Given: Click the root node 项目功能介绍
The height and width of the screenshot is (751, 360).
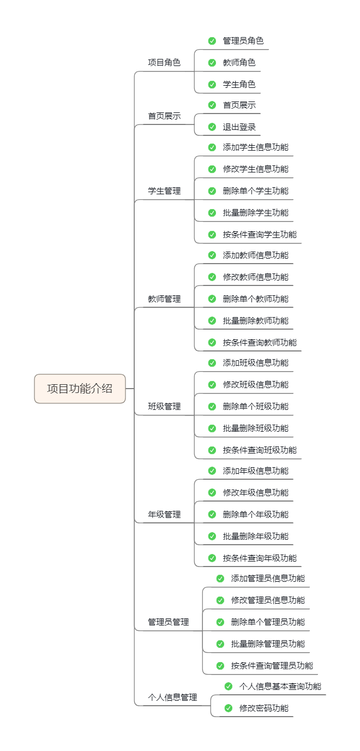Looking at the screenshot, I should [80, 389].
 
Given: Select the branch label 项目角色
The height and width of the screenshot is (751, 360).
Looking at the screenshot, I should [164, 62].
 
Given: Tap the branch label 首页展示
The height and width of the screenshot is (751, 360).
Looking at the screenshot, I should [164, 116].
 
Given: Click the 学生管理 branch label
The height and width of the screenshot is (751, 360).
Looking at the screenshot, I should [164, 191].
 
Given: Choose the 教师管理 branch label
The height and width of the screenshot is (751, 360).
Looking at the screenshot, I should [164, 299].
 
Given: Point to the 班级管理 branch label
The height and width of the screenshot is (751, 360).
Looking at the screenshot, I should [164, 406].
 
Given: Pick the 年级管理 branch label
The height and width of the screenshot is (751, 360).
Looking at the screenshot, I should [164, 514].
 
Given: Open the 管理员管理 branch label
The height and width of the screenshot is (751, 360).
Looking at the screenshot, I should [169, 622].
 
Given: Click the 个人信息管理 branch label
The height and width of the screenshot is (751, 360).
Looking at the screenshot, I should [172, 697].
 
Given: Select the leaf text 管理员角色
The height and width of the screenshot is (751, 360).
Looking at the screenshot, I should [243, 40].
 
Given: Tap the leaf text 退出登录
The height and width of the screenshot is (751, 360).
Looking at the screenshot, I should [239, 127].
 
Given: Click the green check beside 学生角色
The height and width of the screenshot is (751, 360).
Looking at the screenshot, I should [212, 84].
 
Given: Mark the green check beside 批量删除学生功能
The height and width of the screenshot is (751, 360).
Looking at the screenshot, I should [212, 213].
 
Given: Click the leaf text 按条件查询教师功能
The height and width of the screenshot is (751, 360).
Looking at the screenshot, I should [260, 342].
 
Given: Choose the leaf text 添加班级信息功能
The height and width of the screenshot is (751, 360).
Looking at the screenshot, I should [255, 362].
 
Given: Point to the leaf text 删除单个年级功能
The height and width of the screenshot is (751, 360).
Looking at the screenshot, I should [255, 514].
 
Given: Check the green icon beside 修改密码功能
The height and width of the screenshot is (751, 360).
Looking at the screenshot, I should [228, 708].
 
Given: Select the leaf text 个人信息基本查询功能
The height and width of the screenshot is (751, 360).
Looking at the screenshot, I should [280, 686].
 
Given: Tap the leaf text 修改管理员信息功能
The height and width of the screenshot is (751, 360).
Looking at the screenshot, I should [268, 600].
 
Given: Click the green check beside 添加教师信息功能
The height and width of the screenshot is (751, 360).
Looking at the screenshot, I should [212, 255].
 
